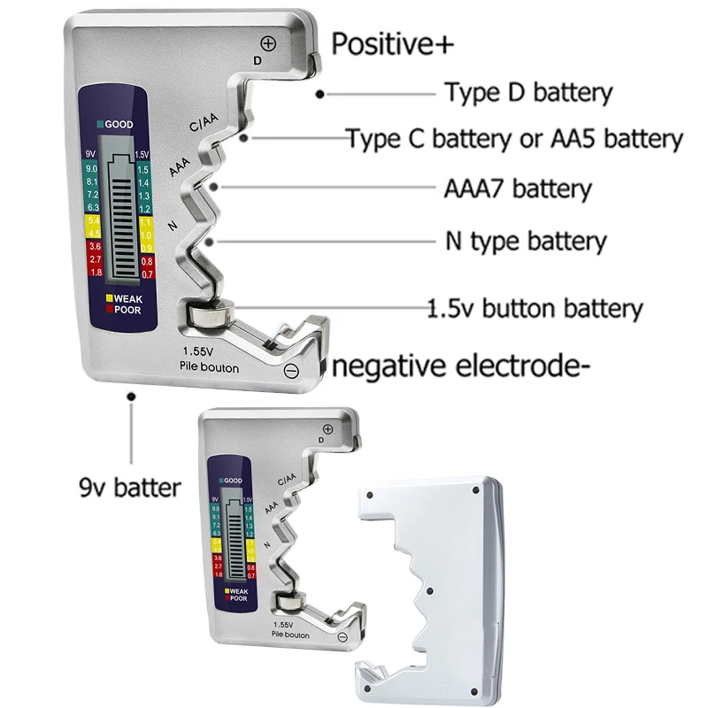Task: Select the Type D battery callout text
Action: click(x=528, y=92)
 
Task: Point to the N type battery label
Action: click(x=525, y=241)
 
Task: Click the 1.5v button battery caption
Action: click(x=535, y=309)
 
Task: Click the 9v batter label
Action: click(x=130, y=487)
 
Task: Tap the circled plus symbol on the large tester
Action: click(x=269, y=42)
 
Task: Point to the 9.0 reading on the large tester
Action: click(x=91, y=168)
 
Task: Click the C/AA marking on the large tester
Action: click(x=204, y=127)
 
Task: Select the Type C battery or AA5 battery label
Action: click(x=514, y=139)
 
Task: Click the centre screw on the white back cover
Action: click(x=428, y=590)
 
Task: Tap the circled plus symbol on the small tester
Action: click(x=327, y=429)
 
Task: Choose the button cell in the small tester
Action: click(x=289, y=604)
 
